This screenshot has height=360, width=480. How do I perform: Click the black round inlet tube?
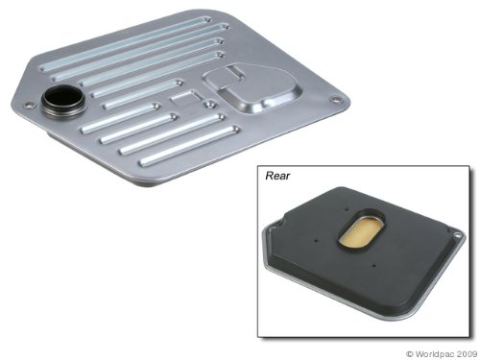pyautogui.click(x=63, y=99)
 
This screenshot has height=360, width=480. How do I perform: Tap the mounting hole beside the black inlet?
pyautogui.click(x=29, y=105)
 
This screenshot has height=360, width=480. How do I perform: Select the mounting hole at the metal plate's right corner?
pyautogui.click(x=335, y=100)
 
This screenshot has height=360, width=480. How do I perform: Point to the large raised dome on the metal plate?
pyautogui.click(x=252, y=88)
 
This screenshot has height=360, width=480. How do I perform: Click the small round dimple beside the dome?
pyautogui.click(x=210, y=104)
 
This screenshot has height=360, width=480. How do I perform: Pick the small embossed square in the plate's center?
pyautogui.click(x=186, y=96)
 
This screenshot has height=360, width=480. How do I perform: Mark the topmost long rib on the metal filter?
pyautogui.click(x=126, y=43)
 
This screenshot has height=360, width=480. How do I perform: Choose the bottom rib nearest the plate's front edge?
pyautogui.click(x=189, y=146)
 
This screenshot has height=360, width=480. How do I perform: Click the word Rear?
pyautogui.click(x=277, y=176)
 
